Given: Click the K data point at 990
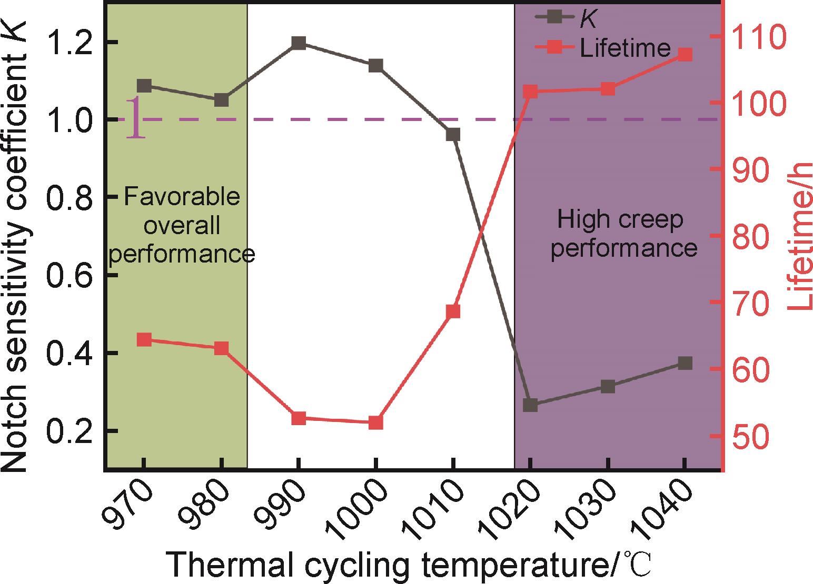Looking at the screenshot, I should (299, 43).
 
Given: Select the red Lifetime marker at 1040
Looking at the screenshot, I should (685, 55).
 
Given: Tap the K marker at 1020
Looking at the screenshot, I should (530, 405).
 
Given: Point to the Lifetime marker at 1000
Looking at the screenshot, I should (375, 422).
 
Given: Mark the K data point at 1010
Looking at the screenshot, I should (453, 135).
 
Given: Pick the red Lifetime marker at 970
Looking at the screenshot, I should (144, 339).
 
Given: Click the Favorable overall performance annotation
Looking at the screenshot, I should (182, 226).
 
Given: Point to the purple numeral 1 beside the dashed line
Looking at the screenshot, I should (135, 118).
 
